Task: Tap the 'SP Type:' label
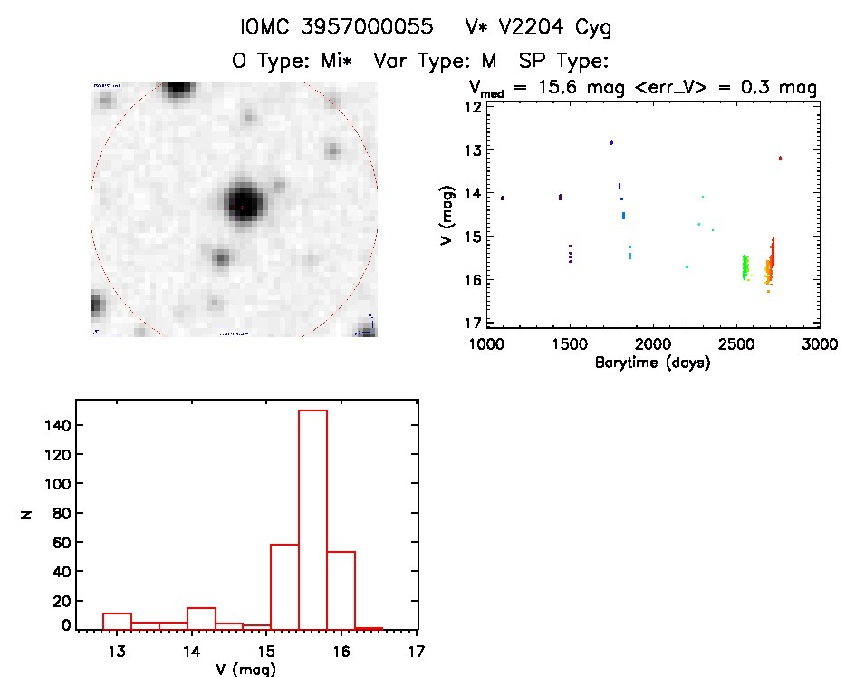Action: [562, 62]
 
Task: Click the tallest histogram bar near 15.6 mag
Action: [312, 517]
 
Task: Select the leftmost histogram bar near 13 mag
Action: [117, 621]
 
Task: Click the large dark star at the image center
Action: [244, 203]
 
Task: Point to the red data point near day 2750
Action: [780, 158]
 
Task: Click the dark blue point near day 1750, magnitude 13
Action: [611, 142]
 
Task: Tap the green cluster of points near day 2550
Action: [745, 266]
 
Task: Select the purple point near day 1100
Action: [502, 198]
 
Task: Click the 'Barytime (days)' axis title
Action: [652, 363]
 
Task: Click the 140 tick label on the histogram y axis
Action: [55, 425]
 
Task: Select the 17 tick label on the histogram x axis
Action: [417, 651]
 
